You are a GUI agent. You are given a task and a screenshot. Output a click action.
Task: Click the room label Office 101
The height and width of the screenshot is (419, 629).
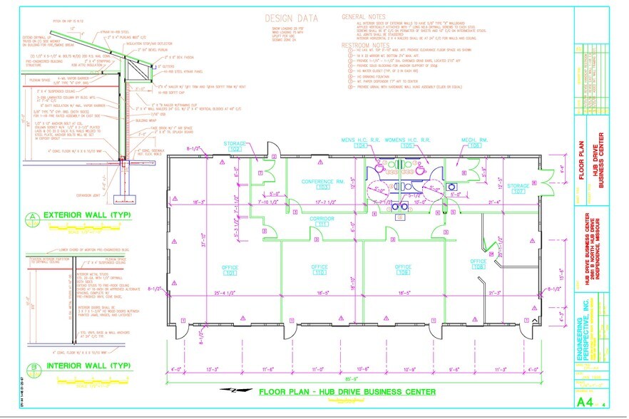[x=230, y=269]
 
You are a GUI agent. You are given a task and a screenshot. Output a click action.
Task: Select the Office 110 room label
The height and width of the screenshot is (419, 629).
[x=319, y=269]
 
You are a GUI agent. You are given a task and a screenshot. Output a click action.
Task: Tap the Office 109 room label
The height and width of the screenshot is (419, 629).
[x=404, y=269]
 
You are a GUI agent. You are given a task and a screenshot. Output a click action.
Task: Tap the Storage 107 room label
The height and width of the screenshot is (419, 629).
[x=518, y=188]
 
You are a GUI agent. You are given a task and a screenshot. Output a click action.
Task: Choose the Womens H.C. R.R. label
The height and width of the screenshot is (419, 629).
[x=409, y=141]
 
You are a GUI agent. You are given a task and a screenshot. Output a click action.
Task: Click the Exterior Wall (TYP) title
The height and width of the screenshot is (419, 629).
[x=80, y=214]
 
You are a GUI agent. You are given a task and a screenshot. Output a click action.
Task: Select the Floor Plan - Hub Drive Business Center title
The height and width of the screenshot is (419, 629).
[x=347, y=391]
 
